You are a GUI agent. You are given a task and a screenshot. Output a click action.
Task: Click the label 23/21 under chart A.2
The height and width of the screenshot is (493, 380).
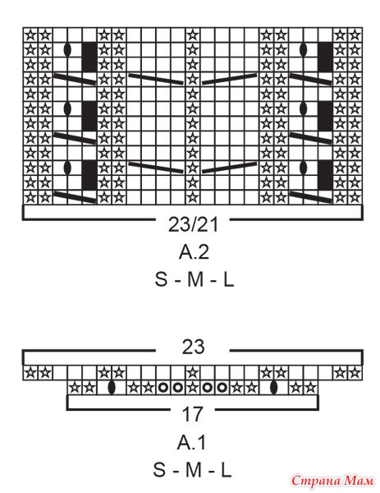point(193,224)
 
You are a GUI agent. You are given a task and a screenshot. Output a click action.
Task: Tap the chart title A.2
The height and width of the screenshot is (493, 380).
point(194,252)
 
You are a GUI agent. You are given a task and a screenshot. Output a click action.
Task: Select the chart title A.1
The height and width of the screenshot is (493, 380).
point(191,443)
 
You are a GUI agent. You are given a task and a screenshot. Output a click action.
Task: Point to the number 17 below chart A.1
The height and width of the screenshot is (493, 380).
point(193,414)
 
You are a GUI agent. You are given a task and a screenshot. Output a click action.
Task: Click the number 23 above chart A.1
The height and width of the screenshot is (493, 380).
point(193,347)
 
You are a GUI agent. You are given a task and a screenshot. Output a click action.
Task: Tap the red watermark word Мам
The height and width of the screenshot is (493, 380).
point(359,480)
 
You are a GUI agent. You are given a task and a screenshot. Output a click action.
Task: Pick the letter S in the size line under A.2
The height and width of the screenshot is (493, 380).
point(161,279)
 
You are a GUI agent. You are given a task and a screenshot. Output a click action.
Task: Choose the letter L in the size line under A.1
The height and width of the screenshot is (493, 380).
point(227,470)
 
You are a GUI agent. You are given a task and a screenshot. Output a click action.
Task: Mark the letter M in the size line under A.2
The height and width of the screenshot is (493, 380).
point(195,279)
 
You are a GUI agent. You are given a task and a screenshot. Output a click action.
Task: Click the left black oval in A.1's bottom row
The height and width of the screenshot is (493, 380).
point(112,387)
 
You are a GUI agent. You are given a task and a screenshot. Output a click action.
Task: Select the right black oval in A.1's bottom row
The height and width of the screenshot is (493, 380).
point(274,387)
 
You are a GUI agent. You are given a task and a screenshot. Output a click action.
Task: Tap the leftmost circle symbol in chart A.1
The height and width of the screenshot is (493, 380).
point(163,388)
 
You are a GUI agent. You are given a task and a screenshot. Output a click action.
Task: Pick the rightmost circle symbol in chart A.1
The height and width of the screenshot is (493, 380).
point(222,388)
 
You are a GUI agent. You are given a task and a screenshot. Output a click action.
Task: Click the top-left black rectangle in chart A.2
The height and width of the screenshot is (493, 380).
point(89,58)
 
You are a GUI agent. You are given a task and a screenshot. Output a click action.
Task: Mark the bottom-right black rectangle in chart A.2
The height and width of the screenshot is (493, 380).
point(325,175)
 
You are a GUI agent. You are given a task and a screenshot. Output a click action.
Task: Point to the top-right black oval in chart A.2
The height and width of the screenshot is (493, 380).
point(304,49)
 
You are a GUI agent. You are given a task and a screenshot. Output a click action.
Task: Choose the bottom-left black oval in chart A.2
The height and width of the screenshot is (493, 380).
point(67,168)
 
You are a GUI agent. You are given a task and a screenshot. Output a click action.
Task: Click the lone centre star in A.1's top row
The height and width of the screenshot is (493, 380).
point(193,373)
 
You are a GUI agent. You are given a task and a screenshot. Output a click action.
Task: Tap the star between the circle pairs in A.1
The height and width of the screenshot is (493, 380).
point(193,388)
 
